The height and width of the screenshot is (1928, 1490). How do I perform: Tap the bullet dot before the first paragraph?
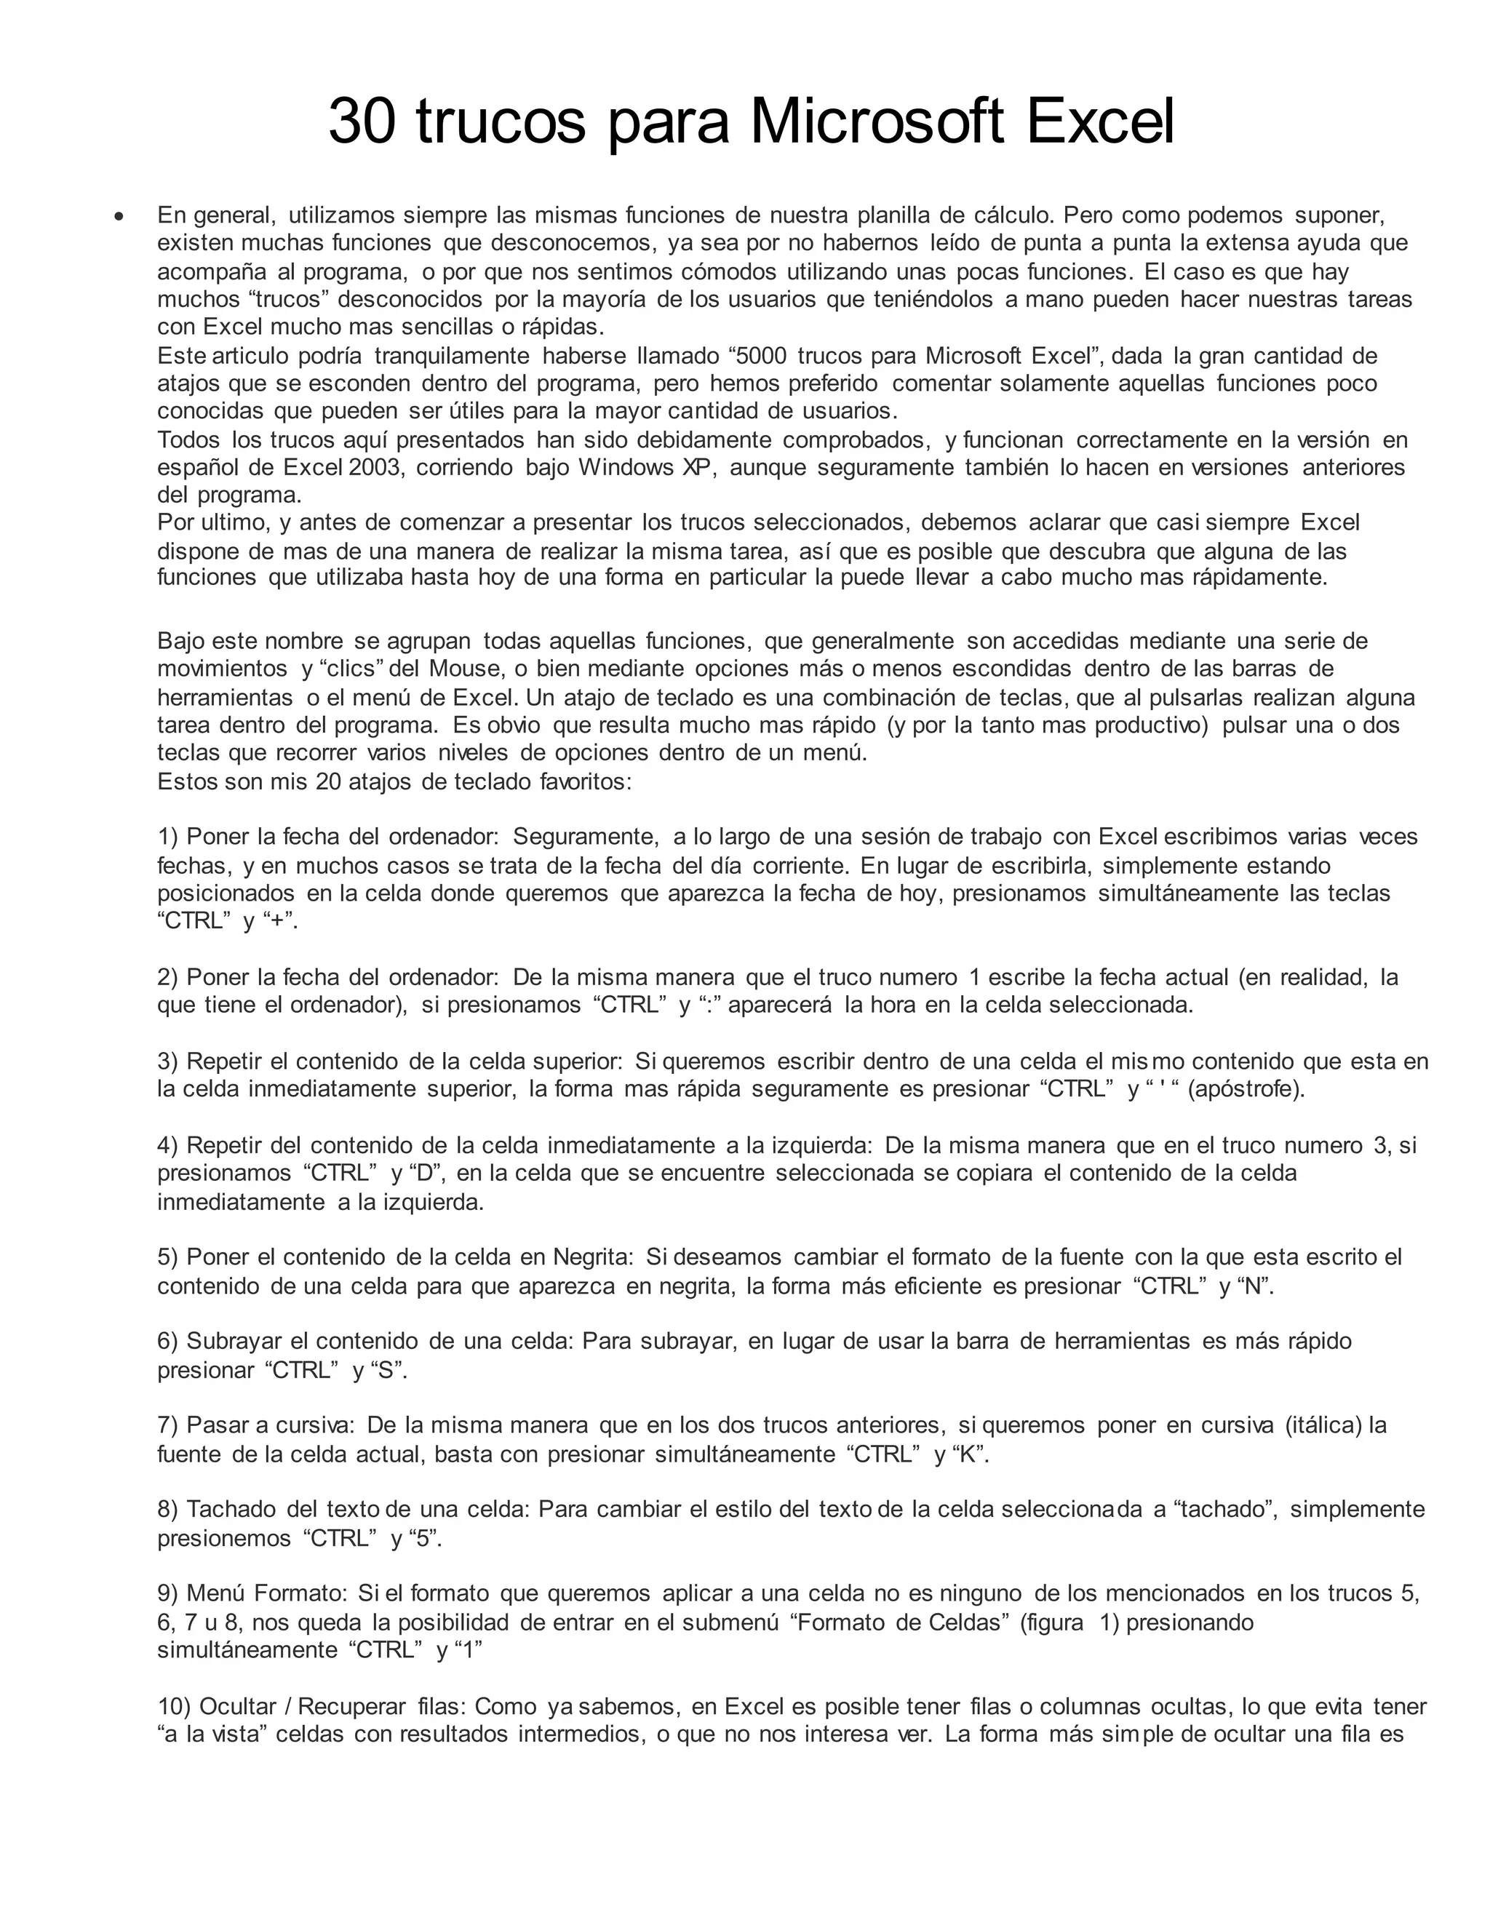(119, 216)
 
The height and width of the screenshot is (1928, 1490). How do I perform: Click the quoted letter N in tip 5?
(1254, 1286)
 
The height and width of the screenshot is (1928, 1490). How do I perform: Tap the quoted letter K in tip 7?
(969, 1454)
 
